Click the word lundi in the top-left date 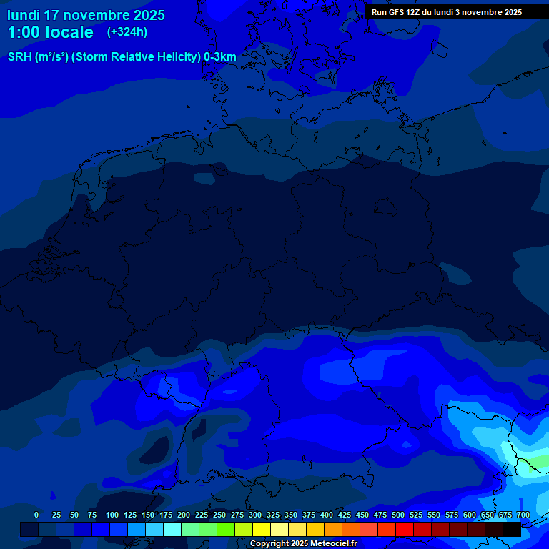point(24,15)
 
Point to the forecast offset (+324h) point(127,32)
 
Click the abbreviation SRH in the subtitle point(19,57)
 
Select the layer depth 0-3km point(220,57)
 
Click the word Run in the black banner point(379,12)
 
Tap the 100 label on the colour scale point(112,515)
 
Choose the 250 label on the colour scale point(219,515)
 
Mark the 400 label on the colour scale point(327,515)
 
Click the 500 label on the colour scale point(398,515)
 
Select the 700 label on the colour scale point(523,515)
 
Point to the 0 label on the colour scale point(36,515)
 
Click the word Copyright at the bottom point(269,544)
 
